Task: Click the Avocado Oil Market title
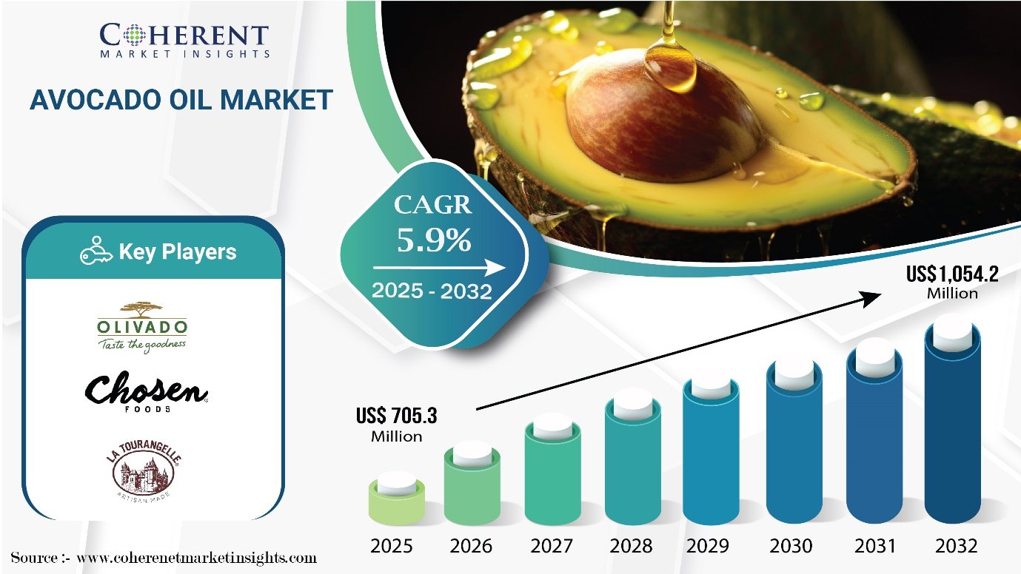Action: [x=181, y=100]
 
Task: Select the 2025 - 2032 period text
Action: [x=432, y=291]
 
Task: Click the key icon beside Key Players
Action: [x=96, y=252]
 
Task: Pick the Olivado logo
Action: [x=142, y=326]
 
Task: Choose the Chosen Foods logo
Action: [x=147, y=391]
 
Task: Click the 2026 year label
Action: [x=471, y=547]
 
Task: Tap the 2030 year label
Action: [x=791, y=547]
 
